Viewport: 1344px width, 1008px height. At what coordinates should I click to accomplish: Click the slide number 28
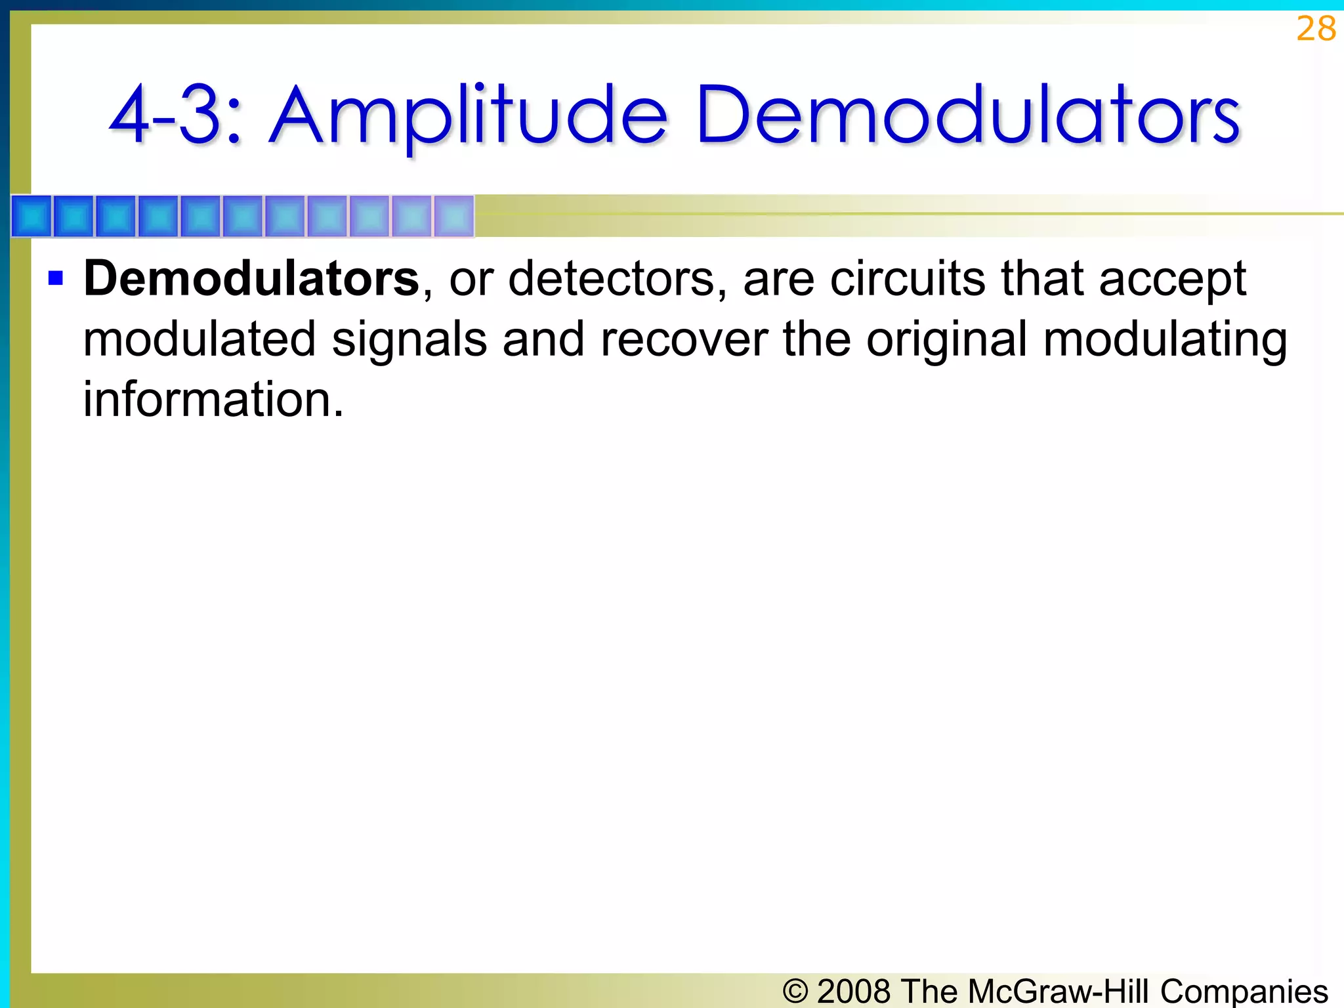pos(1316,29)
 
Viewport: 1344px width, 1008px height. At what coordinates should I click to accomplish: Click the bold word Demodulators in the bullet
pos(251,278)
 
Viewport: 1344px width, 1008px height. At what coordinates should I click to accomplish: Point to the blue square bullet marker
pos(56,278)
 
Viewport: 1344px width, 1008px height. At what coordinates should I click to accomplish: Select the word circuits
pos(908,278)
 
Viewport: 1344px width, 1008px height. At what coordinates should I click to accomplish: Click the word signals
pos(409,340)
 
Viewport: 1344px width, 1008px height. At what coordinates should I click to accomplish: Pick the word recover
pos(683,340)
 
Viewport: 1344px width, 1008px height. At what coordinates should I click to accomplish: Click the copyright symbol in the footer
pos(795,991)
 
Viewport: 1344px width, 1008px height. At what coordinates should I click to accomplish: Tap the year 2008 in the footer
pos(854,991)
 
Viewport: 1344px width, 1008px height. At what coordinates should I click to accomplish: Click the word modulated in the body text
pos(199,340)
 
